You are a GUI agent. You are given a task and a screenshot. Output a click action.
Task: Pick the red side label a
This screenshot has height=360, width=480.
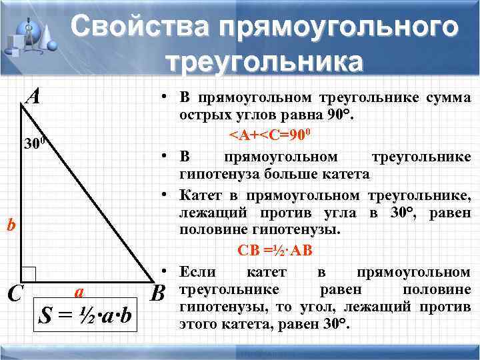79,291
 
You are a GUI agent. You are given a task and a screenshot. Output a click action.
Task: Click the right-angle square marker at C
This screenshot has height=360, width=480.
28,274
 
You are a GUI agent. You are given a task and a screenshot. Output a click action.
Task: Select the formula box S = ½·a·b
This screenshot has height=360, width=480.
86,314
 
